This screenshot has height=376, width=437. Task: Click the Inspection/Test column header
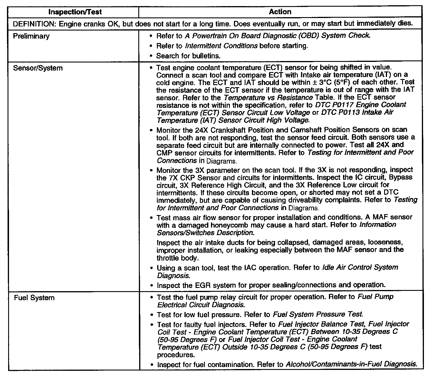75,12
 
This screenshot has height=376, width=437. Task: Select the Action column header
280,12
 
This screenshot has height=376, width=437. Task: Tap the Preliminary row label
31,36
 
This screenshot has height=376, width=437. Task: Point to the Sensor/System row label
38,68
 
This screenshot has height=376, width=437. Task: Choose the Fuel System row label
34,298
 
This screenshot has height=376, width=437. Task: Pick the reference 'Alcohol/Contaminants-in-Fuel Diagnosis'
351,364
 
